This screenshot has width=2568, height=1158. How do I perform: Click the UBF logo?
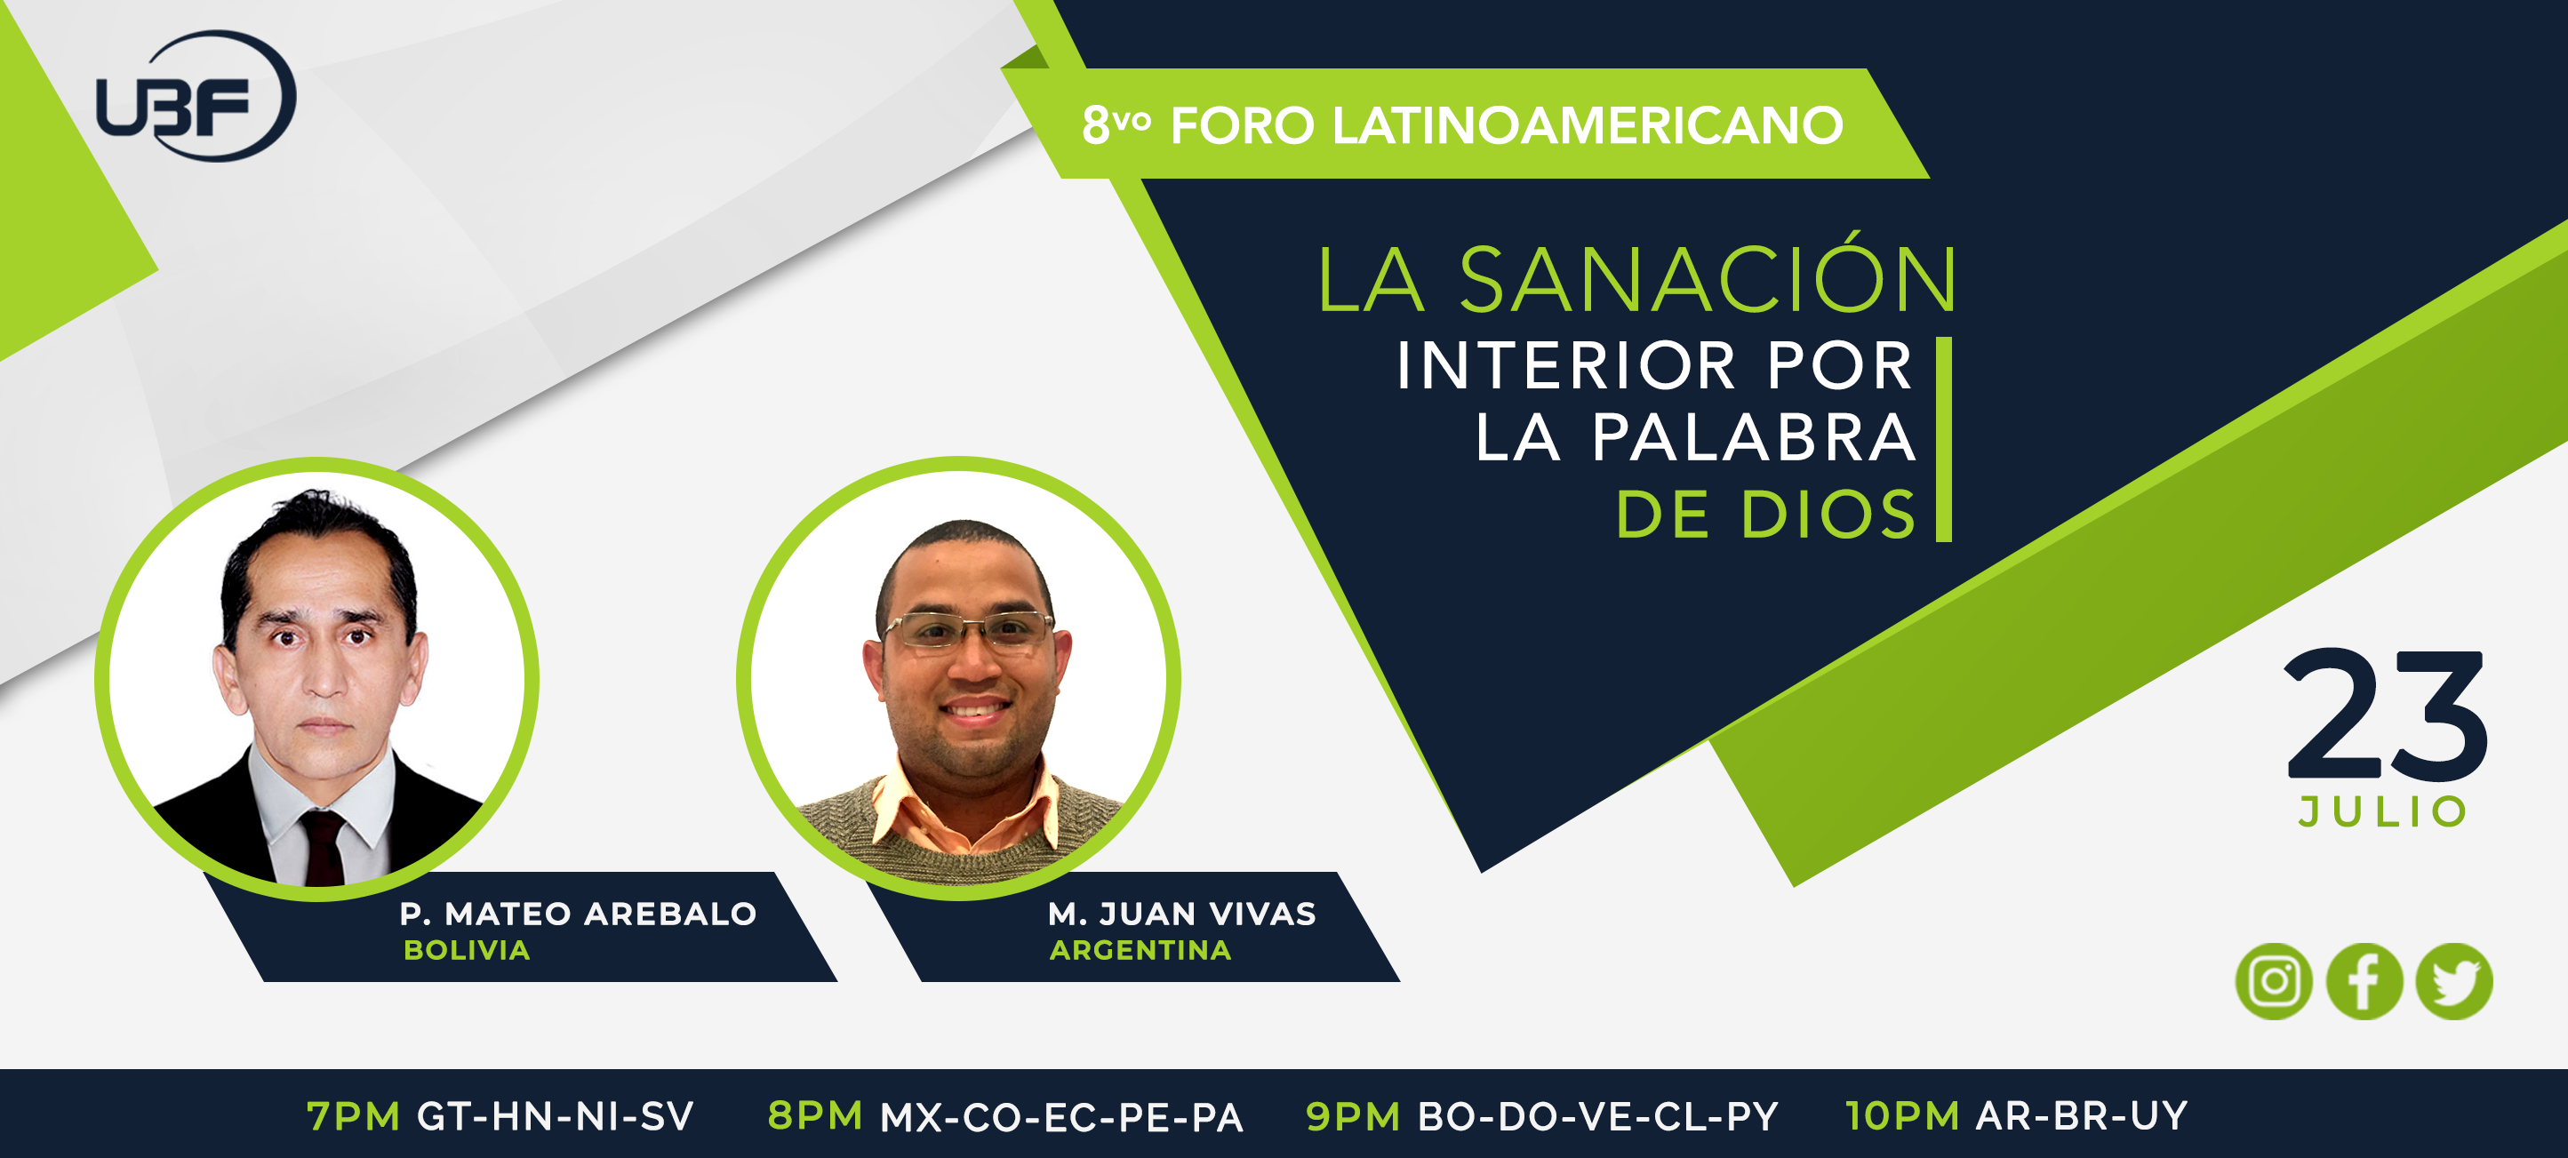coord(196,96)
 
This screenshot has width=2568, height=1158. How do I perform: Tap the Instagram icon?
coord(2274,982)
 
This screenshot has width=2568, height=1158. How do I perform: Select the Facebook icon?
coord(2364,982)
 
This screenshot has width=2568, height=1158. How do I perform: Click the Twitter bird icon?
coord(2454,982)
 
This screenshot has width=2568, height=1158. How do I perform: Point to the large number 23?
coord(2386,715)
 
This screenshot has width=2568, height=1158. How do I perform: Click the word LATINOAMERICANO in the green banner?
coord(1587,125)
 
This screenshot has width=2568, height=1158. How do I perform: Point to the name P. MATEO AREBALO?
coord(578,914)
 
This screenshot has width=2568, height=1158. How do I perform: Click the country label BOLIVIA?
coord(467,951)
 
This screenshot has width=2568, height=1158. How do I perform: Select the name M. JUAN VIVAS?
coord(1182,914)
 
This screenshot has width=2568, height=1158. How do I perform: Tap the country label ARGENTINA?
coord(1140,951)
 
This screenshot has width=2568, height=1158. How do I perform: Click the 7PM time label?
coord(353,1117)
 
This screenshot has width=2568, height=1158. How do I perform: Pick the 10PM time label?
coord(1902,1116)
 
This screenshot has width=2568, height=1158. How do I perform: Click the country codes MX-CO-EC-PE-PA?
coord(1061,1118)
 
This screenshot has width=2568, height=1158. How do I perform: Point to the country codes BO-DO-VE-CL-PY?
coord(1598,1117)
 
